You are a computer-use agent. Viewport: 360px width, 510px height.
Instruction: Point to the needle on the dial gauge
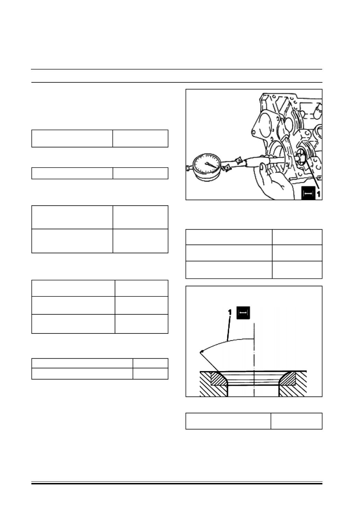coord(211,165)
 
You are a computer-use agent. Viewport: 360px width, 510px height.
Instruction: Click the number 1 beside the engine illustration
coord(318,194)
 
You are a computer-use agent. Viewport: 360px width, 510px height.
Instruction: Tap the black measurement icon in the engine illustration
coord(308,193)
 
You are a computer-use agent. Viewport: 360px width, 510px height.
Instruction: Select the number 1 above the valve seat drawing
coord(230,312)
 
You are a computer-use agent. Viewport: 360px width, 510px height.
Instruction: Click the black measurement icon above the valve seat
coord(243,313)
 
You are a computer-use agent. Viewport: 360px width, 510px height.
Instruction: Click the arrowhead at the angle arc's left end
coord(201,352)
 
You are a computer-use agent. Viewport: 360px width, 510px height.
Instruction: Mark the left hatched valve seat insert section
coord(219,379)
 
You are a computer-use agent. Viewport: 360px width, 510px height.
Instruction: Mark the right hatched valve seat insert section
coord(288,379)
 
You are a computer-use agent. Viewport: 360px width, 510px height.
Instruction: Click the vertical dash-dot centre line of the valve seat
coord(254,360)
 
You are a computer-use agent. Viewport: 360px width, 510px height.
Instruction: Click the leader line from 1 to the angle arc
coord(228,328)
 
